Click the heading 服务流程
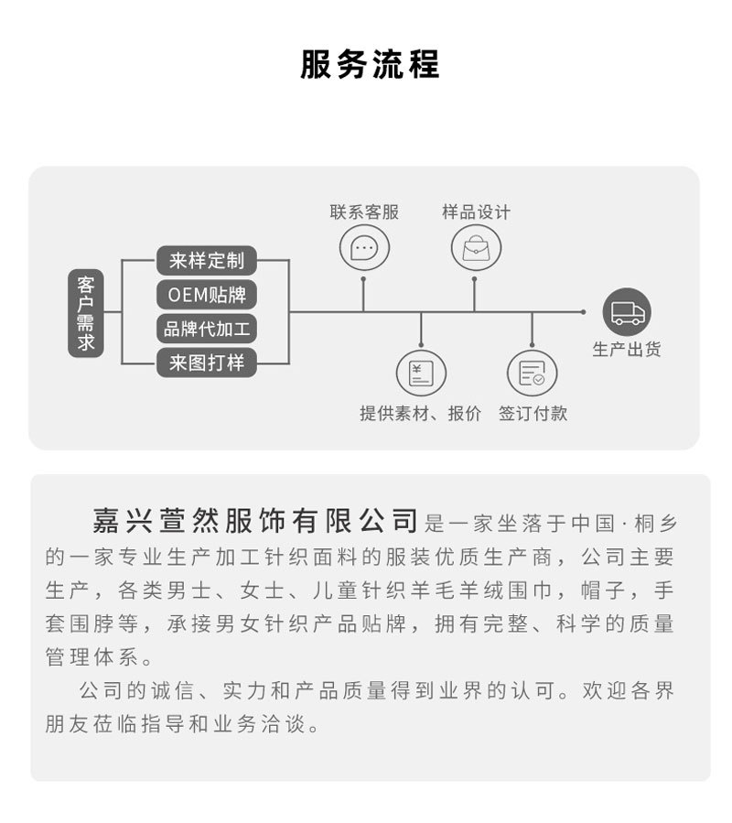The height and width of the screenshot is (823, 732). tap(370, 65)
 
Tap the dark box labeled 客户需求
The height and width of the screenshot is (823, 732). tap(86, 313)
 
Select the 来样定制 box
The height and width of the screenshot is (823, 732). tap(206, 260)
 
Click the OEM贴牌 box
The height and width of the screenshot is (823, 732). tap(206, 295)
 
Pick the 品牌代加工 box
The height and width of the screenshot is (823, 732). tap(206, 329)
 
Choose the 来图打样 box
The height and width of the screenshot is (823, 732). tap(206, 363)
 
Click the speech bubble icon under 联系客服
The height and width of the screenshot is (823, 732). tap(364, 248)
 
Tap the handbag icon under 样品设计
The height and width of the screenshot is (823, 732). tap(476, 248)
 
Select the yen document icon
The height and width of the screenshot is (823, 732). tap(420, 373)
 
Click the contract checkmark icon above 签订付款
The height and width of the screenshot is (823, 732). tap(532, 373)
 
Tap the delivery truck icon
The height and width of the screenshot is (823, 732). tap(627, 312)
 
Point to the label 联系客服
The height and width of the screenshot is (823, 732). tap(364, 212)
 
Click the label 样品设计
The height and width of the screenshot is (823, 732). tap(476, 212)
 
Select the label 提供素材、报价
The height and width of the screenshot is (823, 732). tap(420, 414)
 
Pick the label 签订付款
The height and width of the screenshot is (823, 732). tap(533, 414)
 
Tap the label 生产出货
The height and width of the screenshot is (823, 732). tap(627, 349)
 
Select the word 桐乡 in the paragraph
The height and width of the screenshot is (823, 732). tap(655, 524)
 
